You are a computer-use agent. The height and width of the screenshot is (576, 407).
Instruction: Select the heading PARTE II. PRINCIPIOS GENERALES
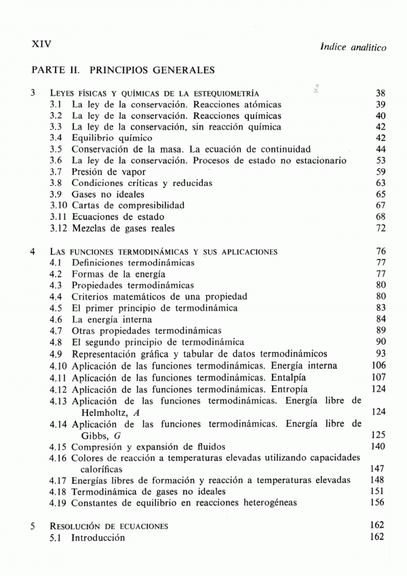[x=123, y=69]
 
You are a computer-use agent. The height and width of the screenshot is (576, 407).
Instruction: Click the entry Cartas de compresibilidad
[x=128, y=204]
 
